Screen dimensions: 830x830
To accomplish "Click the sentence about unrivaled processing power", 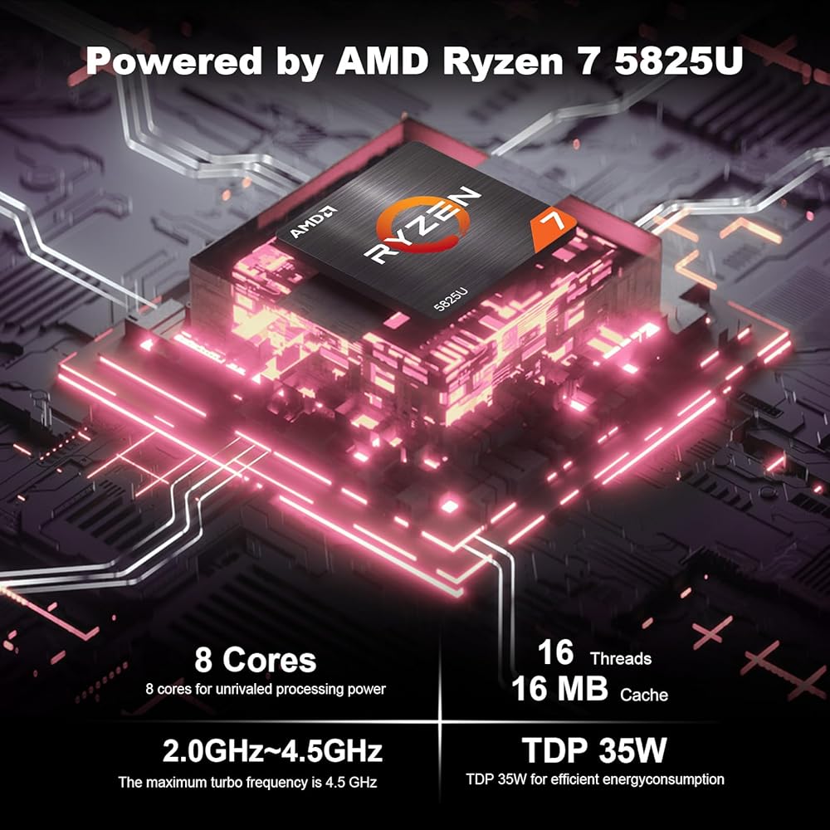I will (266, 688).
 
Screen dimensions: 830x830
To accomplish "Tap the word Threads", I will (620, 659).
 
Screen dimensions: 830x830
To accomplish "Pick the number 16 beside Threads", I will (555, 653).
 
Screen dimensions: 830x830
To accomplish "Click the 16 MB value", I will (559, 690).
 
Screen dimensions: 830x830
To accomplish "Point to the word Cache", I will (643, 695).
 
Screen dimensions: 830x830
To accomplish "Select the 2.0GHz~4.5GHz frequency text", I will (272, 752).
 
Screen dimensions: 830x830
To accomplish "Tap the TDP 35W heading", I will (593, 751).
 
